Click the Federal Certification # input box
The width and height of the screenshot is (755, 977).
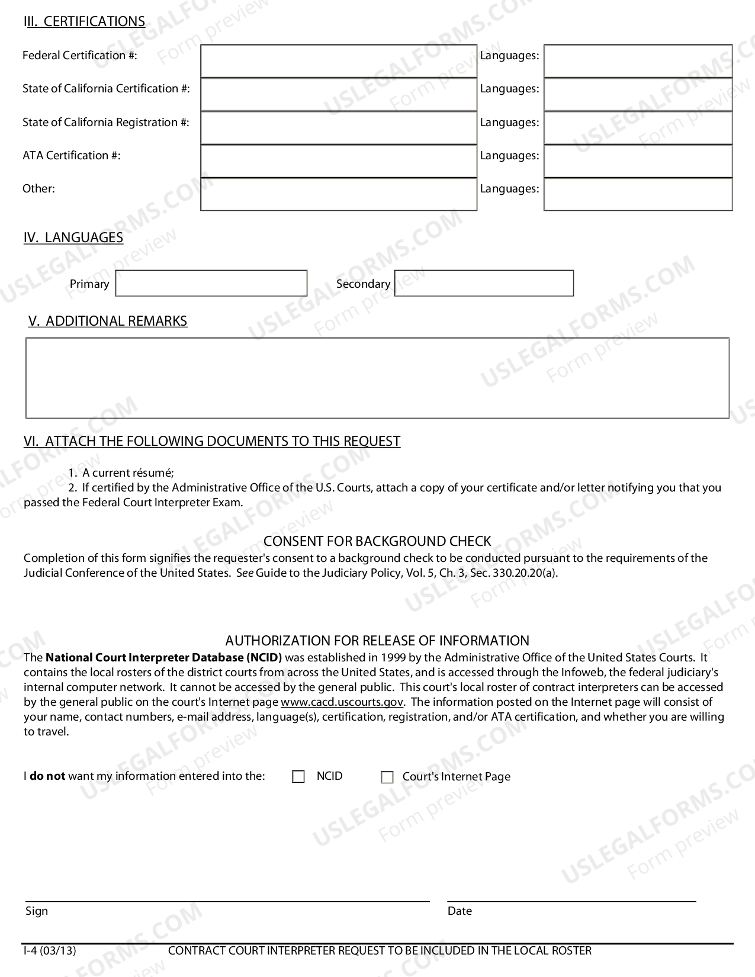pyautogui.click(x=338, y=61)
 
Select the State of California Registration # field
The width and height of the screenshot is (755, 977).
pyautogui.click(x=338, y=127)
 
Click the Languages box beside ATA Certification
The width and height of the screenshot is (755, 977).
pyautogui.click(x=638, y=160)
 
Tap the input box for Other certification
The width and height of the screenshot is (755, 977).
pyautogui.click(x=338, y=194)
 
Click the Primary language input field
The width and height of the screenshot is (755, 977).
pyautogui.click(x=211, y=283)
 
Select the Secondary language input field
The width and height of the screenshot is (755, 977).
pyautogui.click(x=484, y=283)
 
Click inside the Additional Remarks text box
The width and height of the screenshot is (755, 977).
pyautogui.click(x=377, y=378)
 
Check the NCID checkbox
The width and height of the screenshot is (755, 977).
pyautogui.click(x=298, y=777)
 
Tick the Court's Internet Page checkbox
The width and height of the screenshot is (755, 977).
pyautogui.click(x=387, y=777)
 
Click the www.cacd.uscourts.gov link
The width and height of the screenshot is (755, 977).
pyautogui.click(x=342, y=702)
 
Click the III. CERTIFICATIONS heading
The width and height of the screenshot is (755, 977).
pyautogui.click(x=84, y=21)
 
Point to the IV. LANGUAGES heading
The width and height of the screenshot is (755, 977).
pyautogui.click(x=73, y=237)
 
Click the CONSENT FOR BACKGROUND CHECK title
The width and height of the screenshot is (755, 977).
pyautogui.click(x=377, y=541)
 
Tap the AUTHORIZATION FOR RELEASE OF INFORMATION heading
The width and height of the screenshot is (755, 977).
pyautogui.click(x=377, y=641)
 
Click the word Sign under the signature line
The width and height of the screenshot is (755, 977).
pyautogui.click(x=36, y=911)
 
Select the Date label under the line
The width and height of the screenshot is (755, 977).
pyautogui.click(x=460, y=911)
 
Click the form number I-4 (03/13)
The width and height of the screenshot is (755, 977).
pyautogui.click(x=50, y=950)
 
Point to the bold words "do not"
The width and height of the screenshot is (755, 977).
pyautogui.click(x=47, y=776)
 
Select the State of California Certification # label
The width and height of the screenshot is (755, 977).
pyautogui.click(x=106, y=88)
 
